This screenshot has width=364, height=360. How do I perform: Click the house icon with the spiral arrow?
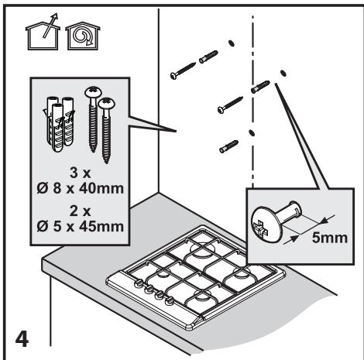click(83, 36)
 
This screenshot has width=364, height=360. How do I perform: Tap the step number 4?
click(22, 339)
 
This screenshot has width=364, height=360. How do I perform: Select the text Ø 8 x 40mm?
click(80, 189)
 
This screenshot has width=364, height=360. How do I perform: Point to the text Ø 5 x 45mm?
click(80, 227)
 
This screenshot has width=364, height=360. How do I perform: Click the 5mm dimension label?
click(329, 238)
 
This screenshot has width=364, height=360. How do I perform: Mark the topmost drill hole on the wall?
click(232, 43)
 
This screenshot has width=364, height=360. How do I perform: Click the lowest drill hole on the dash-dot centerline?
click(252, 132)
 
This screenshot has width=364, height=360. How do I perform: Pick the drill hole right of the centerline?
click(283, 73)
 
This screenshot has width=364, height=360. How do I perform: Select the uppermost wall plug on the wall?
click(208, 57)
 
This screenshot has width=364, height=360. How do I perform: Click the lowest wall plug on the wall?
click(228, 146)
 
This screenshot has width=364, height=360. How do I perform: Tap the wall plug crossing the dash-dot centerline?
click(260, 87)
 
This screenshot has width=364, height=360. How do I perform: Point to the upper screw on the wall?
click(183, 70)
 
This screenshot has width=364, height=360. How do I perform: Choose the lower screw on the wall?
click(230, 105)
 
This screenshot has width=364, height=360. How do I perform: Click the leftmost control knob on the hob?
click(138, 283)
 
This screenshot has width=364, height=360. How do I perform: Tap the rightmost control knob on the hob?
click(170, 300)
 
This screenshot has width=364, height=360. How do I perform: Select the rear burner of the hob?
click(203, 249)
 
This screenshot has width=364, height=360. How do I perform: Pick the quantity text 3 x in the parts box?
click(80, 173)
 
